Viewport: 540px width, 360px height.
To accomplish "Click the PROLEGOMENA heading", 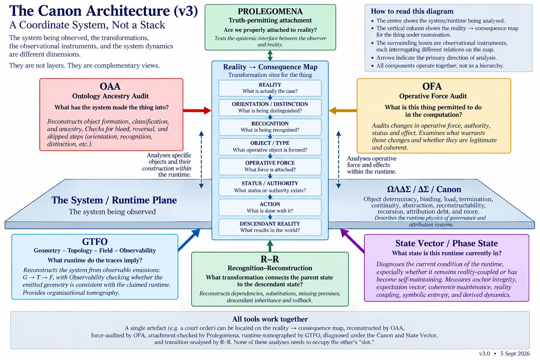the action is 270,11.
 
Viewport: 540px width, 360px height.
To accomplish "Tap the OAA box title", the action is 110,86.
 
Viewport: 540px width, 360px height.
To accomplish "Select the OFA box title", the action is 432,86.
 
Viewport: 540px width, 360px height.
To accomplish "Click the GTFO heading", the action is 95,242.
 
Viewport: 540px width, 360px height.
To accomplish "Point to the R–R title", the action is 270,259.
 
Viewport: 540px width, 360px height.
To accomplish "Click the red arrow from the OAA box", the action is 197,110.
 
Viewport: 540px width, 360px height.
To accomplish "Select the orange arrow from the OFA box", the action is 342,110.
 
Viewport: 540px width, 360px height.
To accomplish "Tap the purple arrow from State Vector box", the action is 352,240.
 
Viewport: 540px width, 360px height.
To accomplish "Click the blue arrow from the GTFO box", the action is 189,240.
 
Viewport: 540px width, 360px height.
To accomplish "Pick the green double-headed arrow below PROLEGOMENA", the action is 270,56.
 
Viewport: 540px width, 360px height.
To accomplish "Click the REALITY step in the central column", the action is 270,88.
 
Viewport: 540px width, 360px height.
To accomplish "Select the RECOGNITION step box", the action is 270,127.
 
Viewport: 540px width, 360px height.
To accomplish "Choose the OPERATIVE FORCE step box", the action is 270,166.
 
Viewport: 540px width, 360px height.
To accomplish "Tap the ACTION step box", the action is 270,207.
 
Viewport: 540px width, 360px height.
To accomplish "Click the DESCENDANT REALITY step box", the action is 270,227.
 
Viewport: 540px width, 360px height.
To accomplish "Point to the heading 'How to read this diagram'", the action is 412,11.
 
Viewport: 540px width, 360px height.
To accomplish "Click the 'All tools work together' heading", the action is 270,319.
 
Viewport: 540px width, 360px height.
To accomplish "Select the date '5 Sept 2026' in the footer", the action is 515,353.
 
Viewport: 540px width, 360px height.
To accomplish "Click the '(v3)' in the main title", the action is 186,11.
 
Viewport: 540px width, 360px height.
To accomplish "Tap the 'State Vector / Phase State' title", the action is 446,243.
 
